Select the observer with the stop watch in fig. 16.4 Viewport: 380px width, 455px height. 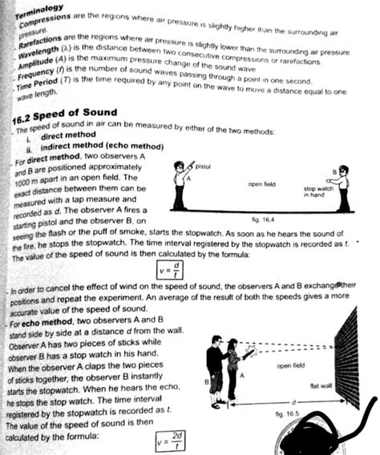tap(342, 189)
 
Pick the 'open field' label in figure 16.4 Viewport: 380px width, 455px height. tap(261, 184)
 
